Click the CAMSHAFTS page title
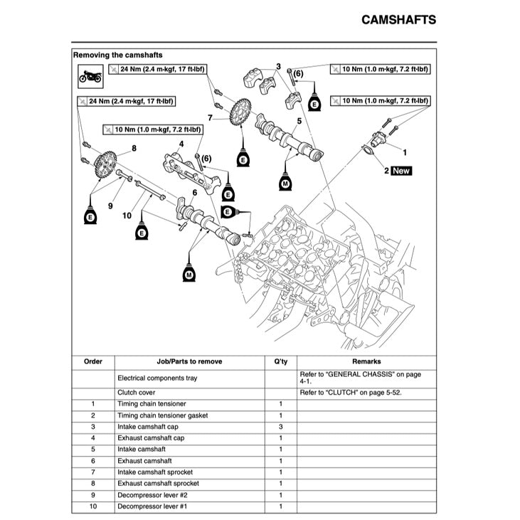(398, 19)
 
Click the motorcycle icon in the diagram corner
(90, 75)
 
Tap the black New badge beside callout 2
(401, 171)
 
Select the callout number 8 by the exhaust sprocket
(133, 149)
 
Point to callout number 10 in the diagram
(127, 215)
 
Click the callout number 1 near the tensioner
(405, 152)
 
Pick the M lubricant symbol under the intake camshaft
(285, 183)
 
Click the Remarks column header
(366, 361)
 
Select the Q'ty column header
(280, 361)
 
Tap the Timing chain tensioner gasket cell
(162, 415)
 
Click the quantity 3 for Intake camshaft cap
(280, 427)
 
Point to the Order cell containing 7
(93, 472)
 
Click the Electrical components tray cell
(157, 378)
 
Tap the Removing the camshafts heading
(117, 55)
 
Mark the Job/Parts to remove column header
(189, 361)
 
